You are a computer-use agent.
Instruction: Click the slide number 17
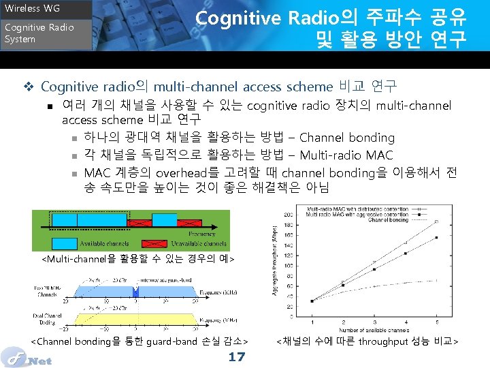coord(236,356)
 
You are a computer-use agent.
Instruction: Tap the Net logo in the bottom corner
coord(27,356)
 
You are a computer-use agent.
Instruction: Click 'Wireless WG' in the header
coord(33,9)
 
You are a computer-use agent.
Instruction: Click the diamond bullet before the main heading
coord(29,87)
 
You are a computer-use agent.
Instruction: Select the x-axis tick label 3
coord(374,322)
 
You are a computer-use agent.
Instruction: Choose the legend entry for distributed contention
coord(361,208)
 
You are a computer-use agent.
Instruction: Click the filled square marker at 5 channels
coord(436,237)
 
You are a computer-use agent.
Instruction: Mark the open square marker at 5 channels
coord(436,221)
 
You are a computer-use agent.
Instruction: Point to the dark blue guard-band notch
coord(135,291)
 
